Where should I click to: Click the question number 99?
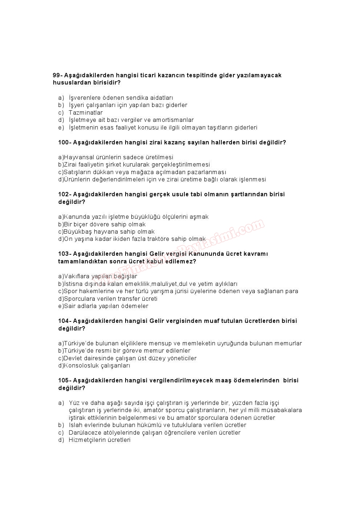57,75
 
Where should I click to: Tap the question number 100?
64,143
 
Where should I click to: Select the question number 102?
64,194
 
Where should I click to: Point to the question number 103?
64,254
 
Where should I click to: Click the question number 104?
64,321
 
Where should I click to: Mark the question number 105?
64,381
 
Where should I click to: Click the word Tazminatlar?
86,113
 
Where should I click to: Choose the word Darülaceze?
85,433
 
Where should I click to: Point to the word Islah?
75,425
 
